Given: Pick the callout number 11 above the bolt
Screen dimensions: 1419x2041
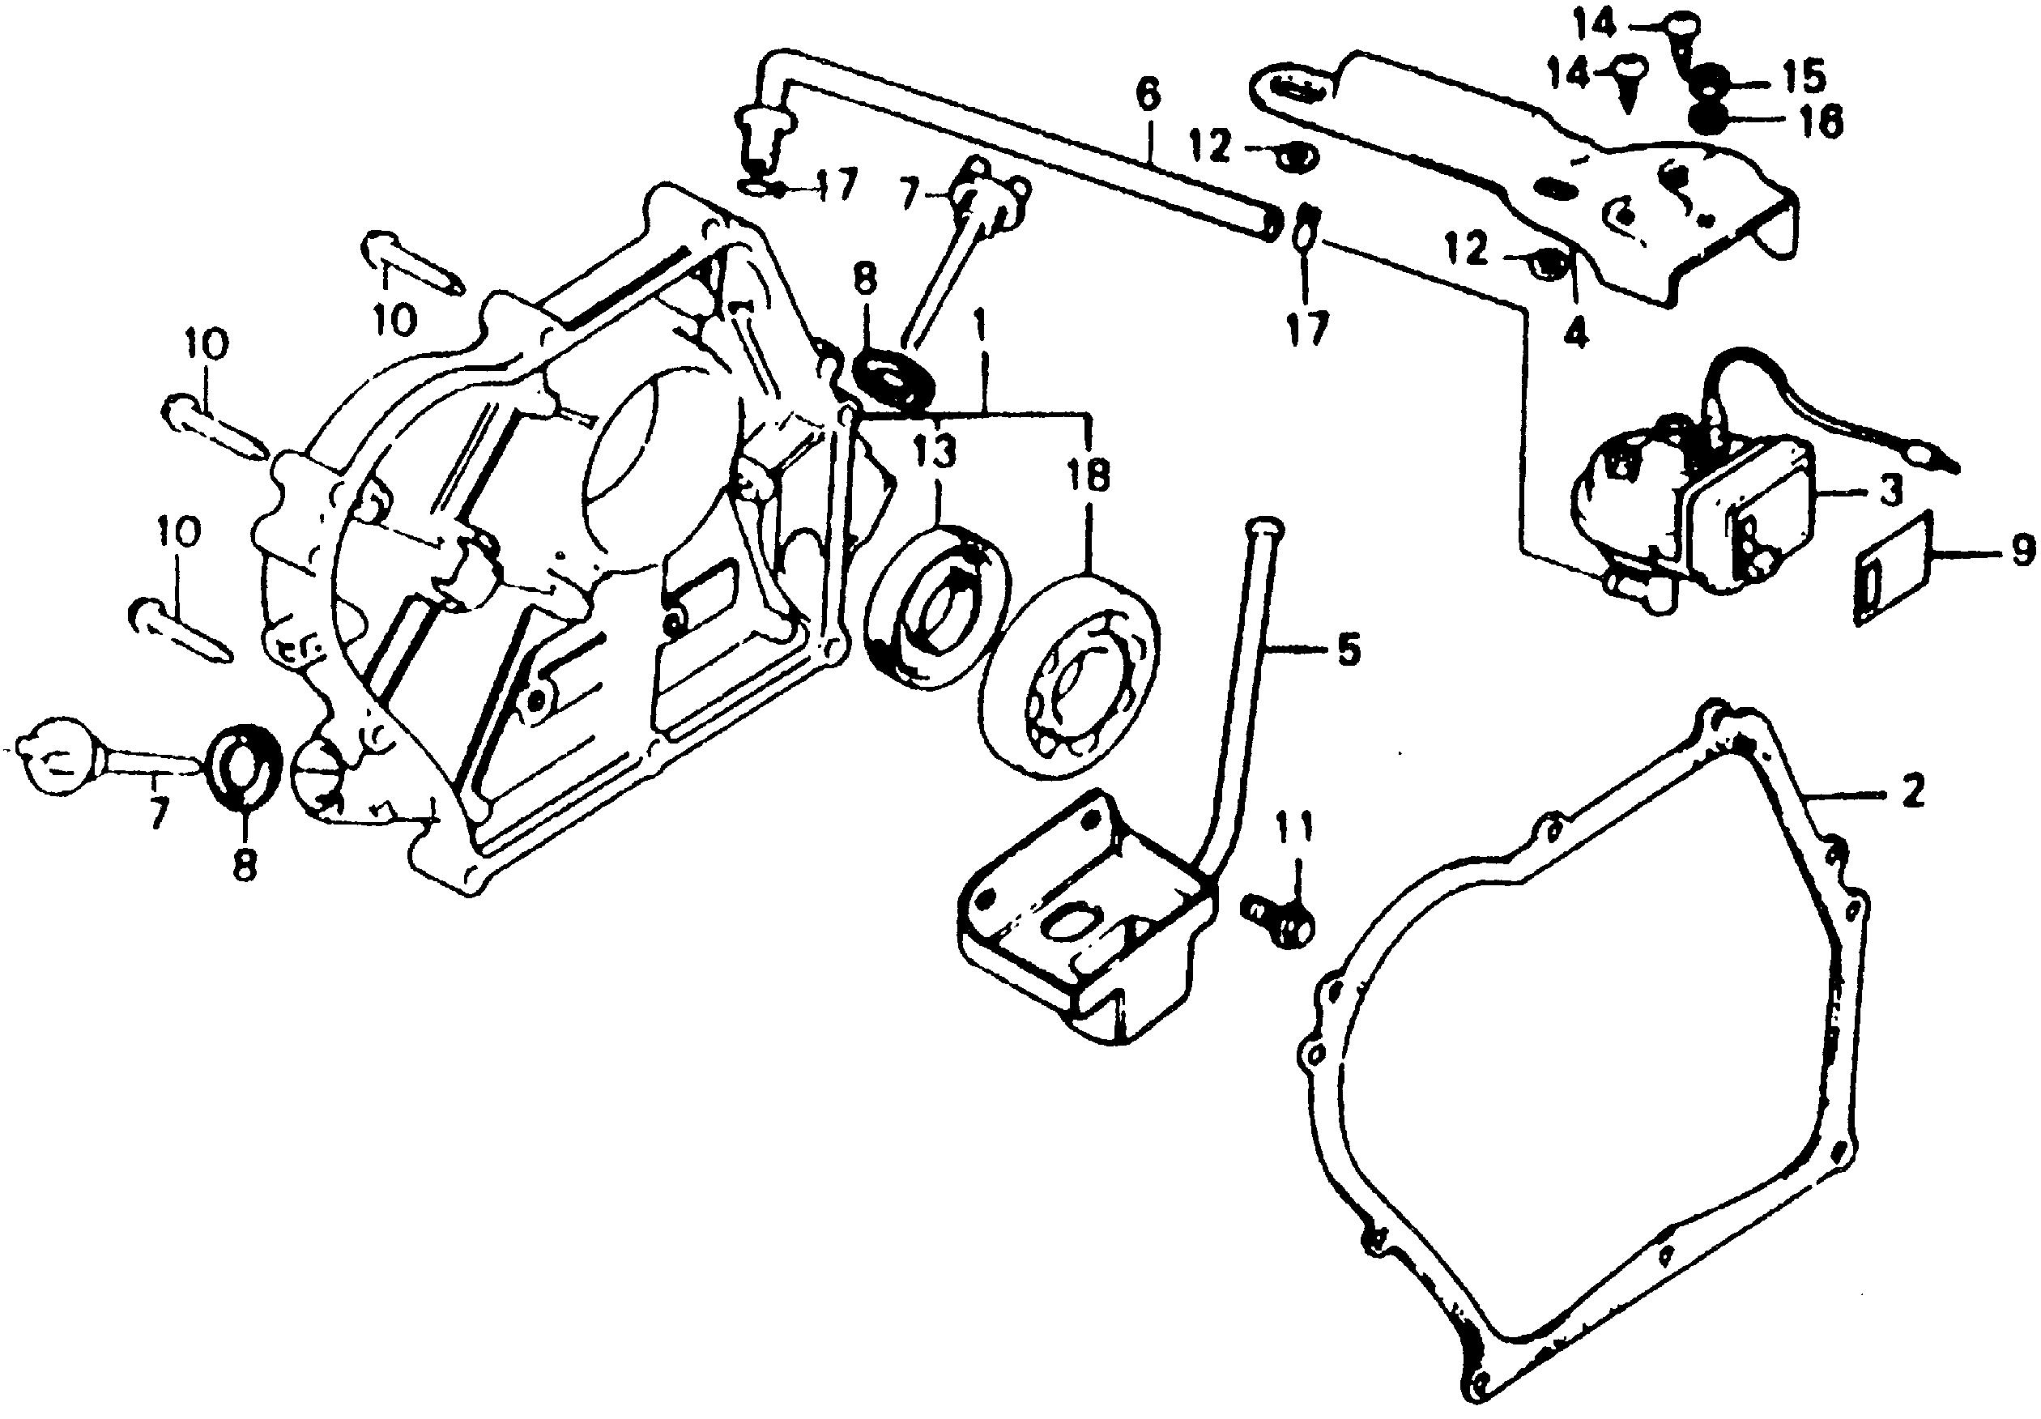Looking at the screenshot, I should click(1293, 829).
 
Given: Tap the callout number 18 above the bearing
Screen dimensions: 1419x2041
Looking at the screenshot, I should click(1090, 476).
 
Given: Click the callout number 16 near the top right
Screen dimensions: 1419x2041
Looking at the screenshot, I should click(1820, 121).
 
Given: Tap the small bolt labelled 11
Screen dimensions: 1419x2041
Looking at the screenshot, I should click(1278, 920).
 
